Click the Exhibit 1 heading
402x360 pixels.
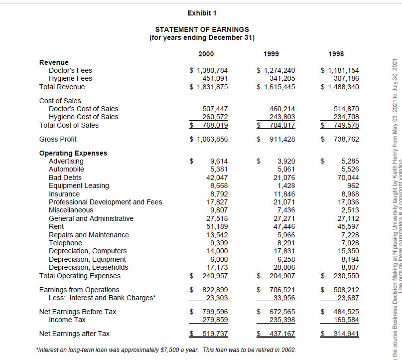coord(202,12)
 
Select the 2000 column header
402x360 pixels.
coord(206,54)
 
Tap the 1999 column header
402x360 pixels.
coord(271,54)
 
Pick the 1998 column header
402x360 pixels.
coord(336,54)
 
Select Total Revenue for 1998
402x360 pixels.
coord(340,87)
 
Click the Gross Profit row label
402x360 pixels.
coord(58,139)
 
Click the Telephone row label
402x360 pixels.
coord(65,243)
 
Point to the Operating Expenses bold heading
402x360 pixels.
coord(73,153)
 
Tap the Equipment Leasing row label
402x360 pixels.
coord(79,185)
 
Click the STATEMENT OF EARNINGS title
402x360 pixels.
coord(202,29)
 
